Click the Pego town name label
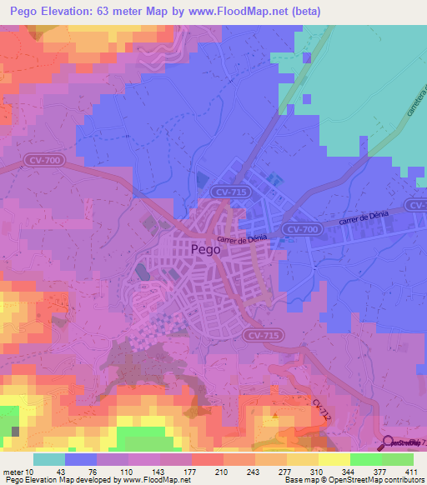(x=206, y=248)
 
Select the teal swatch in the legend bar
(x=49, y=459)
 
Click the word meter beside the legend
(x=12, y=472)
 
